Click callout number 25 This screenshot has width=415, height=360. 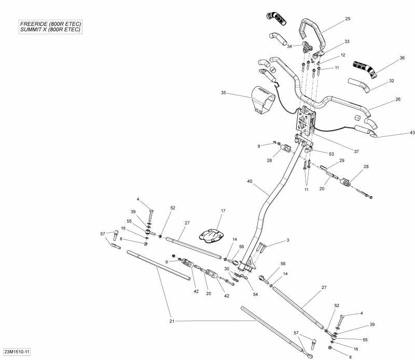(347, 19)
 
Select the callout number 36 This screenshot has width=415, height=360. (402, 58)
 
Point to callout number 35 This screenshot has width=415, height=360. (224, 93)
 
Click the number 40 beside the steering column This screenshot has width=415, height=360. (250, 181)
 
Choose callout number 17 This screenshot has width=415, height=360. (223, 211)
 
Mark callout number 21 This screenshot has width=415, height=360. (172, 322)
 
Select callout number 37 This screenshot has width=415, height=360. (356, 151)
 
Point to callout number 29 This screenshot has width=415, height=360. (341, 161)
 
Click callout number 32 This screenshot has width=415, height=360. (392, 80)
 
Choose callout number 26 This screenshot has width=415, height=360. (398, 100)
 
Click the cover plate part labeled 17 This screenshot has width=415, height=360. (212, 233)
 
